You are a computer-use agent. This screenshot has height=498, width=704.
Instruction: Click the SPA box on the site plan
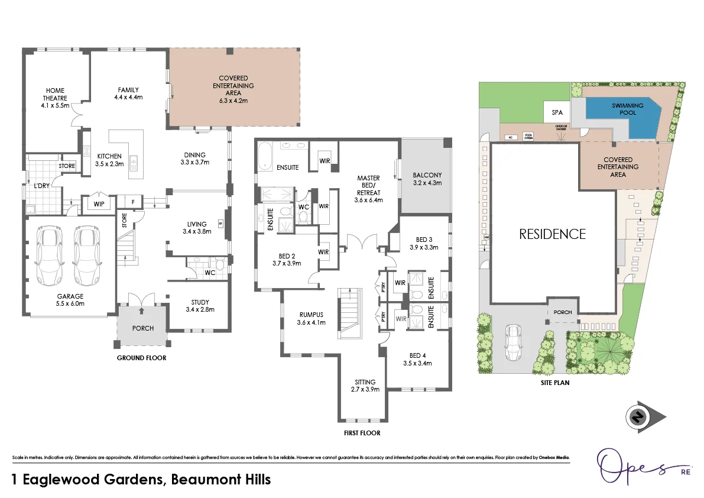[557, 112]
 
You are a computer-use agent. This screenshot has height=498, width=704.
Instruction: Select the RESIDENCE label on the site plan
[552, 234]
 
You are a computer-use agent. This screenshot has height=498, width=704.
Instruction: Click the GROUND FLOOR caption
[141, 358]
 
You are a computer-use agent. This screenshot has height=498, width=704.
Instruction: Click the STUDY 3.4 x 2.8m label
[200, 305]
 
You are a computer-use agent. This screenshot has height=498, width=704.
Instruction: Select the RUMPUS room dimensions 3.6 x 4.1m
[311, 322]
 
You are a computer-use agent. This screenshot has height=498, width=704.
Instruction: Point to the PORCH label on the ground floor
[142, 328]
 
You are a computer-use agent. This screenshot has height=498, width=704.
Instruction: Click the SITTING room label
[364, 381]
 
